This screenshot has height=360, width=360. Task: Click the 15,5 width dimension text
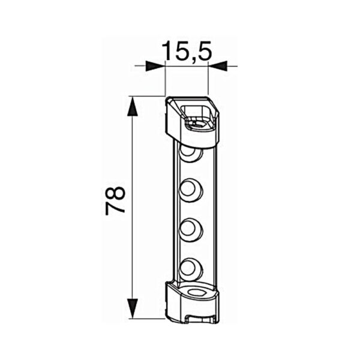[x=187, y=51]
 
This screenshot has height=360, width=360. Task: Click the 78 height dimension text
[x=115, y=200]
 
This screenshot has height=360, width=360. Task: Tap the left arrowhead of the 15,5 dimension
[x=155, y=66]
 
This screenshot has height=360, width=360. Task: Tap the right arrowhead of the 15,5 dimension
[x=218, y=66]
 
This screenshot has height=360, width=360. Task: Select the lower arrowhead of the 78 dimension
[x=133, y=308]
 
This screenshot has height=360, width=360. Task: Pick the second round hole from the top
[x=191, y=190]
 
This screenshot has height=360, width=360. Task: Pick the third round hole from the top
[x=191, y=230]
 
